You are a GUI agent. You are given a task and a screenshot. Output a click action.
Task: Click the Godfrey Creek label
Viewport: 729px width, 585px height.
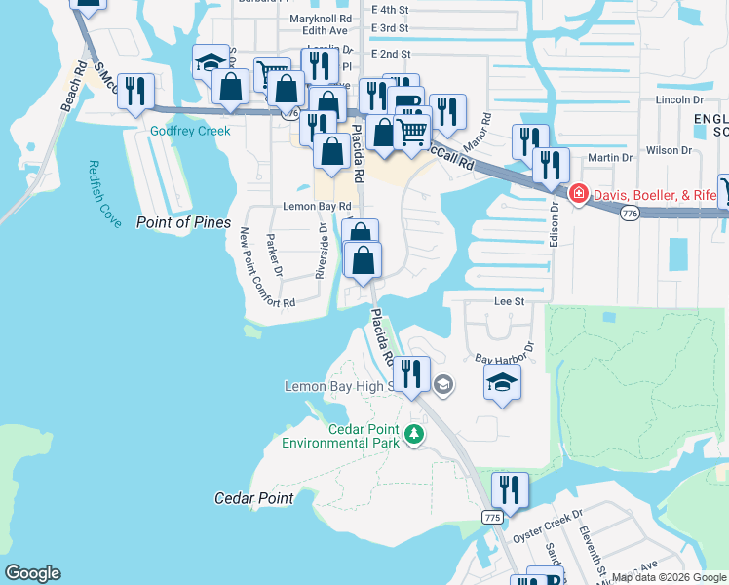coord(190,132)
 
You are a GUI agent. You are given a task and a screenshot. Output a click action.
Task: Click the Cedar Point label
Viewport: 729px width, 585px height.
coord(253,498)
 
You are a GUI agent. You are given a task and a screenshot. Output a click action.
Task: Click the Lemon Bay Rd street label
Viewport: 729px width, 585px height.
coord(316,207)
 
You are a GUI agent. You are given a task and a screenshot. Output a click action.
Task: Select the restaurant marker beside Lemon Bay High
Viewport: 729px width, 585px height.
coord(411,373)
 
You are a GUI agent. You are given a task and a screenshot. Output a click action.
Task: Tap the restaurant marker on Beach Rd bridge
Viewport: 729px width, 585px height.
coord(135,92)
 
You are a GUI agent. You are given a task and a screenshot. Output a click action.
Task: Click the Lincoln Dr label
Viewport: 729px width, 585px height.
coord(679,99)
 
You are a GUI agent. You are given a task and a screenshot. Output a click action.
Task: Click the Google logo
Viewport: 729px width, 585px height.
coord(32,573)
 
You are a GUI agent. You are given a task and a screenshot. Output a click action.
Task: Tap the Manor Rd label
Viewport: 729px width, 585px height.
coord(478,133)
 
